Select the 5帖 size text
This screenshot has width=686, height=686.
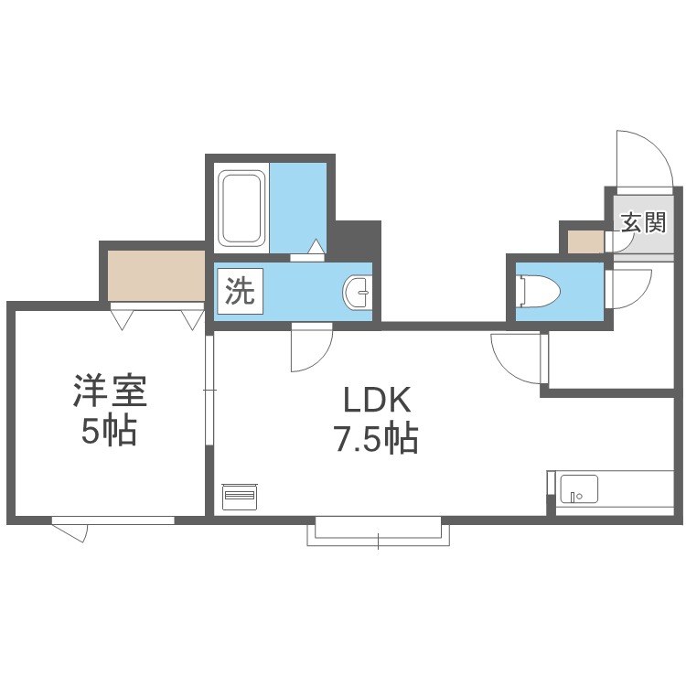(109, 432)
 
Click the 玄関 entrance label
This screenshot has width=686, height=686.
(644, 222)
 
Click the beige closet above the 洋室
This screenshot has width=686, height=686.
(155, 274)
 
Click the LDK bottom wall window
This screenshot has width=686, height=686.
(379, 530)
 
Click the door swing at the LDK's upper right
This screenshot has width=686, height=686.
(517, 357)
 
